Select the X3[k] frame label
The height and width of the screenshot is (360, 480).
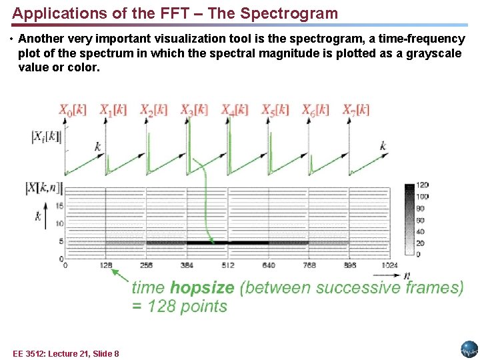click(193, 111)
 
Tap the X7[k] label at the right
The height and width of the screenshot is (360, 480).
click(356, 111)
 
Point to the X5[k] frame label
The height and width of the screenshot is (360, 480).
click(275, 111)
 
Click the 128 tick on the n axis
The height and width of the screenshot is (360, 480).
click(105, 265)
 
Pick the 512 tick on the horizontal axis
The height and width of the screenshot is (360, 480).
click(227, 265)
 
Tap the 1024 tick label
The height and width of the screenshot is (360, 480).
click(389, 265)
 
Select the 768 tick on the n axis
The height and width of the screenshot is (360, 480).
click(309, 265)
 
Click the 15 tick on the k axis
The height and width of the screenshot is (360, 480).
click(59, 207)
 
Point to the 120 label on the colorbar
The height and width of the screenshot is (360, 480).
click(421, 185)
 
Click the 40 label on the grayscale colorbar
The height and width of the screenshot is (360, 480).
click(420, 231)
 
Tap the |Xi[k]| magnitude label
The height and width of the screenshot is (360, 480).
click(45, 137)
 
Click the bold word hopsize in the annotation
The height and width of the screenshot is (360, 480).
click(202, 288)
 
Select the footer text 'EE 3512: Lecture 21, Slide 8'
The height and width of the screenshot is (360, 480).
click(66, 353)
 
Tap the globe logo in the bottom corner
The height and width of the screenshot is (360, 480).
click(469, 349)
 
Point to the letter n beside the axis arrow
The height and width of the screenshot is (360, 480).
click(406, 275)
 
